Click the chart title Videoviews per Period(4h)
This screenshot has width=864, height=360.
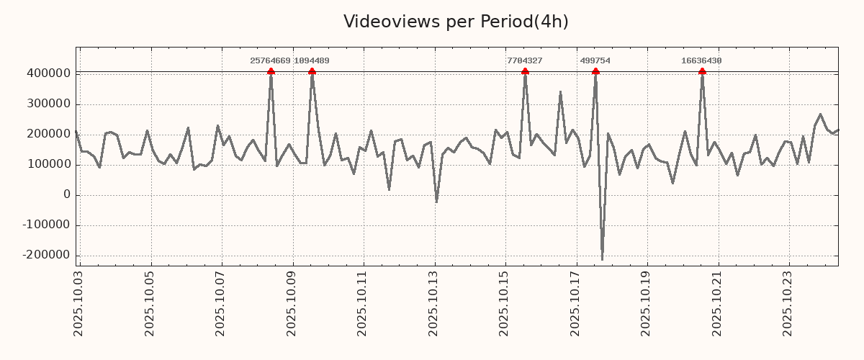click(456, 22)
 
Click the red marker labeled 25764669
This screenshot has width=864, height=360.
click(271, 71)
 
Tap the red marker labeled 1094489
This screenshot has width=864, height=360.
click(312, 71)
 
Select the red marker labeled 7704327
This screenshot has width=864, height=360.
click(525, 71)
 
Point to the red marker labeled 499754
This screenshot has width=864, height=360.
click(595, 71)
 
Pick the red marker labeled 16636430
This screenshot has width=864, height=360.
click(702, 71)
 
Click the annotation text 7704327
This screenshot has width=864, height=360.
click(524, 61)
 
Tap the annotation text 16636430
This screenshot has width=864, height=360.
click(701, 61)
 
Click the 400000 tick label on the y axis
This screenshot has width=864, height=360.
click(48, 73)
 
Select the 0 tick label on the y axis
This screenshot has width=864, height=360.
click(67, 195)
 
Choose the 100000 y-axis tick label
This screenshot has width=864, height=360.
click(48, 165)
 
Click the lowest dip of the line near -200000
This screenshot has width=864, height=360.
click(602, 259)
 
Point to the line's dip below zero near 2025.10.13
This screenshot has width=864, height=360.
click(436, 202)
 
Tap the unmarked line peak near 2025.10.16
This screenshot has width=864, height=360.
click(560, 92)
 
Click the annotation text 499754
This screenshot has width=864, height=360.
click(595, 61)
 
